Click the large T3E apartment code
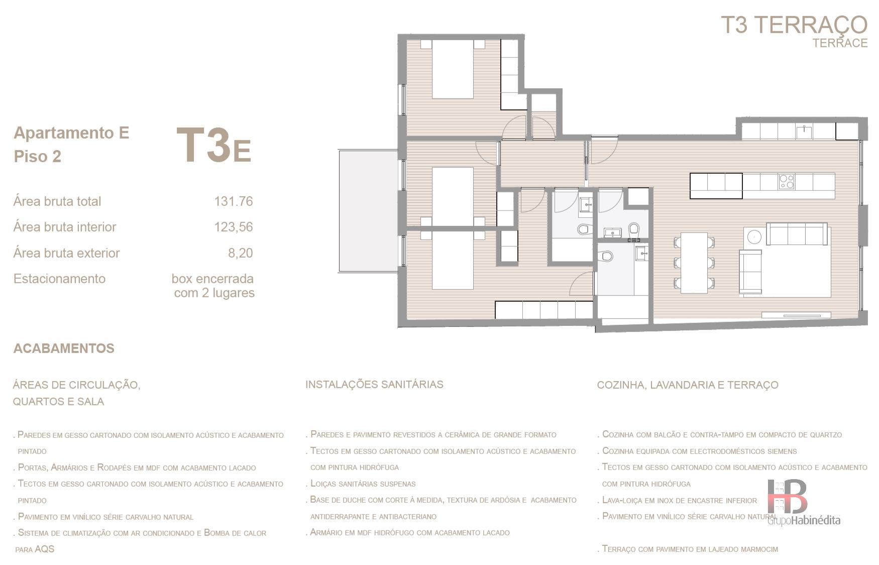(x=213, y=146)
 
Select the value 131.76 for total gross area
(x=233, y=201)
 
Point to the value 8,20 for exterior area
(x=240, y=253)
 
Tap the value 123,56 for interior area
(x=233, y=227)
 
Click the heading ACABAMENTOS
(x=64, y=349)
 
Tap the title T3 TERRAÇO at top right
(x=794, y=25)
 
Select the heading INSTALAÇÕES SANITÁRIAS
(x=374, y=385)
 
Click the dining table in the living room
(x=694, y=263)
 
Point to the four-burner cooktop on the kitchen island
(x=786, y=181)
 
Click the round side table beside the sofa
(x=753, y=237)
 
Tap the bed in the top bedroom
(x=453, y=69)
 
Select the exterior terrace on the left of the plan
(x=368, y=211)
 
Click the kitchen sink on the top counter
(x=804, y=132)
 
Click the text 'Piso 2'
(x=38, y=157)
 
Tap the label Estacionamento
(x=59, y=279)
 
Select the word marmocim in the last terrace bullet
(x=758, y=549)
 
